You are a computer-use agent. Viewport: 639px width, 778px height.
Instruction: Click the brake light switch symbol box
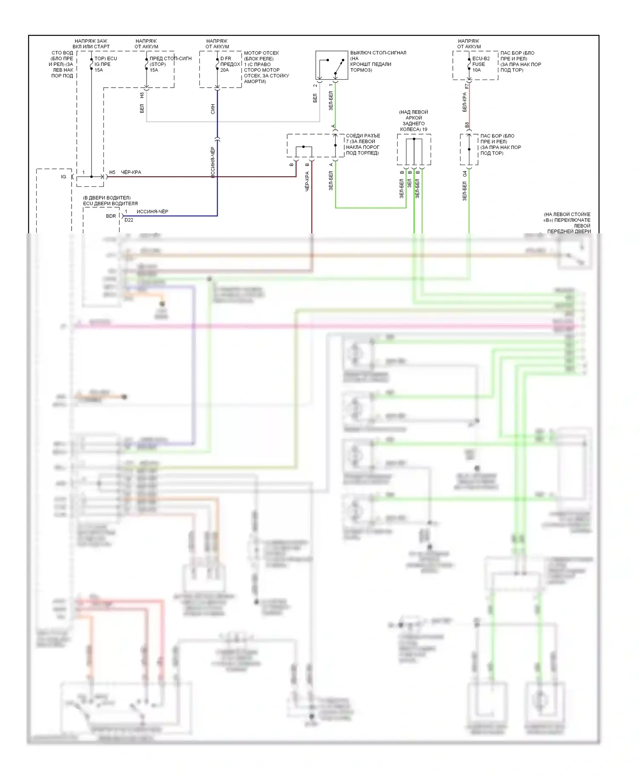point(331,65)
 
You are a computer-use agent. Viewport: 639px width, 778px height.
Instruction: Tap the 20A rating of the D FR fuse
point(225,70)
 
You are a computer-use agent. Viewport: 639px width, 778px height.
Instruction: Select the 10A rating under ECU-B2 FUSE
point(476,70)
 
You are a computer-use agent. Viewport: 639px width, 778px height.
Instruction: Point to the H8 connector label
point(142,96)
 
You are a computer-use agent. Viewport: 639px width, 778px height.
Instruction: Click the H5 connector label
point(112,172)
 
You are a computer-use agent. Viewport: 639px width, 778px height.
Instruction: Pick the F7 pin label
point(467,86)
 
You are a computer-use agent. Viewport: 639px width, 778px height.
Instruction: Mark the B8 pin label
point(467,125)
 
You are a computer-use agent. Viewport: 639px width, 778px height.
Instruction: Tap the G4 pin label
point(465,173)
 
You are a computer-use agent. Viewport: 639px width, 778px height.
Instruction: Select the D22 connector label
point(129,220)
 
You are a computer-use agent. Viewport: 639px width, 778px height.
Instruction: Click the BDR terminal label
point(111,216)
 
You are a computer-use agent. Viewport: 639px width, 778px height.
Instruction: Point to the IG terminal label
point(63,177)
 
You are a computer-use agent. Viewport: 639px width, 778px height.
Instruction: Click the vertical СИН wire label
point(213,109)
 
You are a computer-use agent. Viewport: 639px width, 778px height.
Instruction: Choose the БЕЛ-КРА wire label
point(465,102)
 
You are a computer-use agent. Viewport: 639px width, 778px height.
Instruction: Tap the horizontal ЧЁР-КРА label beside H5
point(131,172)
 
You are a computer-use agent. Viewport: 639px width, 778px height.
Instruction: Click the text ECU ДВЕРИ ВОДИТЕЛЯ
point(110,203)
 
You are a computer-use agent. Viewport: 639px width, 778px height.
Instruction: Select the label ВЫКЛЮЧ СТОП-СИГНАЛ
point(378,53)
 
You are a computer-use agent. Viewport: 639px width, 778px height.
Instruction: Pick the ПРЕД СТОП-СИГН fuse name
point(170,59)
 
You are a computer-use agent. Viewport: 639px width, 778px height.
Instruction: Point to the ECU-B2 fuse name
point(481,59)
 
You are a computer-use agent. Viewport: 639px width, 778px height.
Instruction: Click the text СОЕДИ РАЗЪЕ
point(363,136)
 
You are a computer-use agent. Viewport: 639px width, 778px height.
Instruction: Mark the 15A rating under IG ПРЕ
point(99,70)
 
